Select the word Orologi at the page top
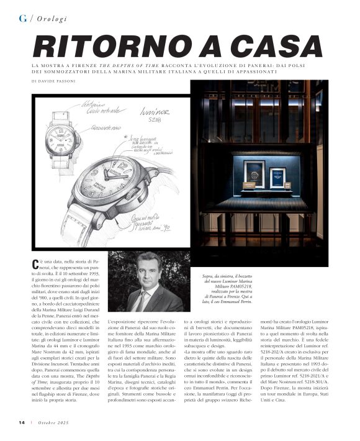coord(53,18)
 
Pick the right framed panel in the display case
coord(277,176)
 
